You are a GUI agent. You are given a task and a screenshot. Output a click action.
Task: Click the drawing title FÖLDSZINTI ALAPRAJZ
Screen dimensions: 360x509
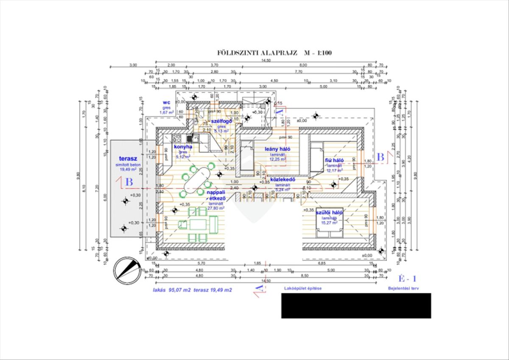tap(257, 53)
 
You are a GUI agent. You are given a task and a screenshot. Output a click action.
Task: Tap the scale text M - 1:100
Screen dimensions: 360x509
tap(317, 53)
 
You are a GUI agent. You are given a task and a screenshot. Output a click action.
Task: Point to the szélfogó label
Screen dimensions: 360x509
tap(221, 121)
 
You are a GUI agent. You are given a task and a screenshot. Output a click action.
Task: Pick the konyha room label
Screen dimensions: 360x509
tap(183, 147)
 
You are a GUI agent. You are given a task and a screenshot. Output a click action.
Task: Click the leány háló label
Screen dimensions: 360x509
tap(277, 149)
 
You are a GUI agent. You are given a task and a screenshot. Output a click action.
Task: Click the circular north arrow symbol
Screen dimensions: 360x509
tap(127, 270)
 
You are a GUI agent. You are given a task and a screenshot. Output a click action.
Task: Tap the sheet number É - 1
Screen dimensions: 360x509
tap(408, 279)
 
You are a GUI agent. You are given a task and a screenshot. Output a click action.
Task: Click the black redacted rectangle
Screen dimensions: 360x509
tap(356, 305)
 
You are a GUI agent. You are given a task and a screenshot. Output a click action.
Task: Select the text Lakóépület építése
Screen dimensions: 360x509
tap(302, 288)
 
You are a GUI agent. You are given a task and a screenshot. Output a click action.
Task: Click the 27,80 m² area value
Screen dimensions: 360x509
tap(216, 208)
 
